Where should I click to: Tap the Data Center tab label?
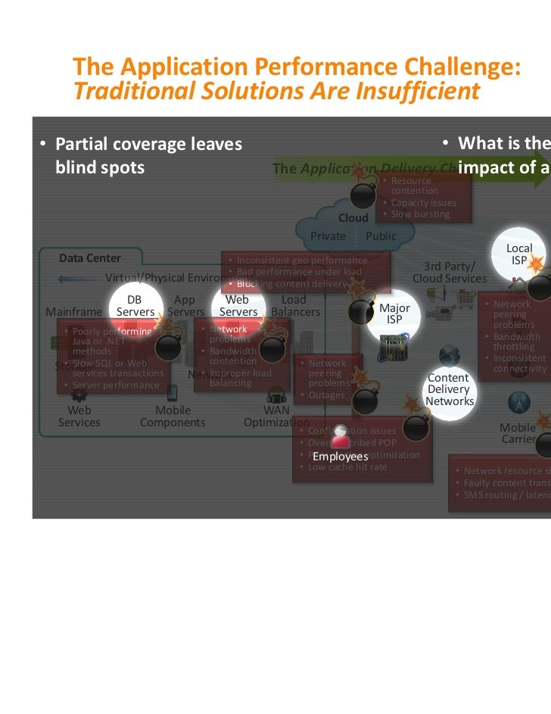tap(90, 258)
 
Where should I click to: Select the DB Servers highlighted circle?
tap(135, 306)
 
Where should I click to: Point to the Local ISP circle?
tap(519, 254)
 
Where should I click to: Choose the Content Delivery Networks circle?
tap(449, 388)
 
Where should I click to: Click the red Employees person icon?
tap(341, 438)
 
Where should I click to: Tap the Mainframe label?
tap(73, 312)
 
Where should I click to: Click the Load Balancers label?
tap(295, 306)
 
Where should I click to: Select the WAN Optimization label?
tap(276, 416)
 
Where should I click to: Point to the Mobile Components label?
tap(173, 416)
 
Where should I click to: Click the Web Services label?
tap(79, 416)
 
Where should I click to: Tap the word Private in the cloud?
tap(328, 236)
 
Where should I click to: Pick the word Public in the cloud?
tap(381, 236)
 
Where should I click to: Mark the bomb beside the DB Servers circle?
tap(167, 346)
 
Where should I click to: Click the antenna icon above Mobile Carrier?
tap(518, 401)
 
